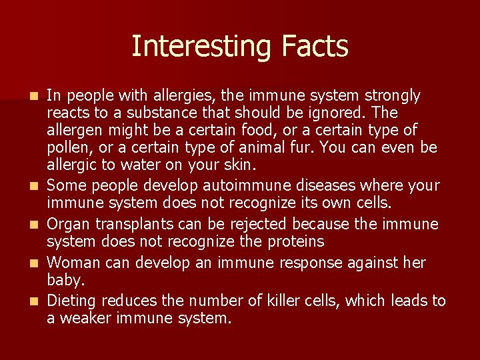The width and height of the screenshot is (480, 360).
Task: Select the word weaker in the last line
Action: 89,319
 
